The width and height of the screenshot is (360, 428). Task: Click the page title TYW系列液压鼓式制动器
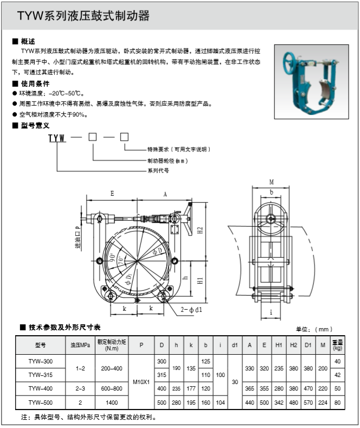click(x=83, y=16)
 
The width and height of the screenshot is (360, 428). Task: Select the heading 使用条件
click(x=34, y=84)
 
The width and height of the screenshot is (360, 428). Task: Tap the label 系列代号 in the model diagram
click(x=158, y=170)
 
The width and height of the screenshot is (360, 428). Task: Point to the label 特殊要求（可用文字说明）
click(x=178, y=149)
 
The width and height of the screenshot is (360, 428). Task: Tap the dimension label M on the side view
click(x=271, y=182)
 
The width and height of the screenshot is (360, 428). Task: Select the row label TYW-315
click(x=41, y=375)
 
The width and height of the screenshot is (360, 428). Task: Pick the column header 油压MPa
click(x=80, y=345)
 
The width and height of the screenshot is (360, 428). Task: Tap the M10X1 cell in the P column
click(x=141, y=382)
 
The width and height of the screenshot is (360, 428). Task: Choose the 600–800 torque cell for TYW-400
click(x=112, y=389)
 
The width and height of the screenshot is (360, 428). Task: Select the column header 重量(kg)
click(x=338, y=345)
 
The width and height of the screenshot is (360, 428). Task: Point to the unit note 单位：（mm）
click(x=314, y=329)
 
